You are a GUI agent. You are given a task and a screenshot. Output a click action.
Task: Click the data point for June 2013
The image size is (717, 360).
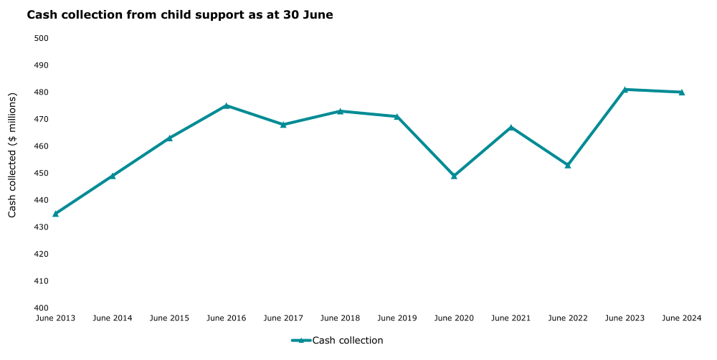point(55,214)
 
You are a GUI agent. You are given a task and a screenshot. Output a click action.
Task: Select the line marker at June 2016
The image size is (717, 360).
point(227,105)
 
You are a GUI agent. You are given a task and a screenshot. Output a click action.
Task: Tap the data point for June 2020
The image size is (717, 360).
point(454,176)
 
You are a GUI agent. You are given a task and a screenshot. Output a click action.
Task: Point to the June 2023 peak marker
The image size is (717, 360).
point(625,90)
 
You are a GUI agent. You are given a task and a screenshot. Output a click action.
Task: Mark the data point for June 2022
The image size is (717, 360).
point(568,165)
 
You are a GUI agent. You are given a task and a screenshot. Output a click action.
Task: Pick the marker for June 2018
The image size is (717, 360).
point(340,111)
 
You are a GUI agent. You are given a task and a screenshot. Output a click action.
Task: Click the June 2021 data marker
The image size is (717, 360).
point(511,128)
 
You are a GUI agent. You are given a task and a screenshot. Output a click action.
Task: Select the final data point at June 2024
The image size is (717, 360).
point(682,92)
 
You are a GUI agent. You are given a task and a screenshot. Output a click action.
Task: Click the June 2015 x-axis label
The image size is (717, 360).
point(169,318)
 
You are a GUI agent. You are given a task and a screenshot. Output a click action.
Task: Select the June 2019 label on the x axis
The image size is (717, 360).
point(397,318)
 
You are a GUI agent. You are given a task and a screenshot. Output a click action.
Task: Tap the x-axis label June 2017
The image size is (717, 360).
point(283,318)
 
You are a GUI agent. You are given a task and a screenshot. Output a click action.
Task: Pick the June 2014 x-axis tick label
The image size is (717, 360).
point(113,318)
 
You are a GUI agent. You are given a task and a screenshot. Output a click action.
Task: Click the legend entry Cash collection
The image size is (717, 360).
point(347,341)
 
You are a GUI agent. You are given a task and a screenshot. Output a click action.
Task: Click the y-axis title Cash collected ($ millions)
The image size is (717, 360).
point(12,156)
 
